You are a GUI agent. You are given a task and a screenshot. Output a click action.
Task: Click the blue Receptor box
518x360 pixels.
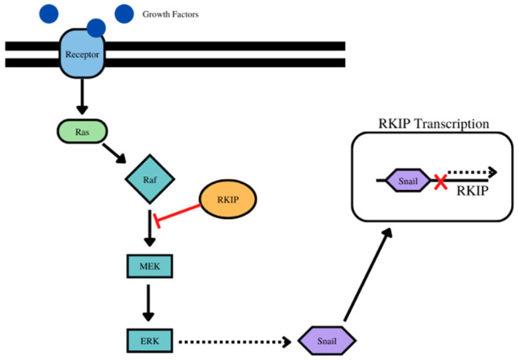pyautogui.click(x=82, y=55)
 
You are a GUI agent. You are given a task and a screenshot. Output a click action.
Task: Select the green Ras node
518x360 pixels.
pyautogui.click(x=81, y=131)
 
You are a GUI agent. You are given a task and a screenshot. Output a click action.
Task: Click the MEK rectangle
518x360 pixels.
pyautogui.click(x=150, y=267)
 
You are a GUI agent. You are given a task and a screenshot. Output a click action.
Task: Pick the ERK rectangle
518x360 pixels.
pyautogui.click(x=150, y=338)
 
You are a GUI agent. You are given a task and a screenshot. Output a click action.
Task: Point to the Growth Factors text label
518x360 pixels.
pyautogui.click(x=171, y=14)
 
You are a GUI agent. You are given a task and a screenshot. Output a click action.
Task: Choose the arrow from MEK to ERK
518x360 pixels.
pyautogui.click(x=150, y=301)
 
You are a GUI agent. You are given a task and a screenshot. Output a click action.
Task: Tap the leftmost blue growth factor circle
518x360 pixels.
pyautogui.click(x=49, y=12)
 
